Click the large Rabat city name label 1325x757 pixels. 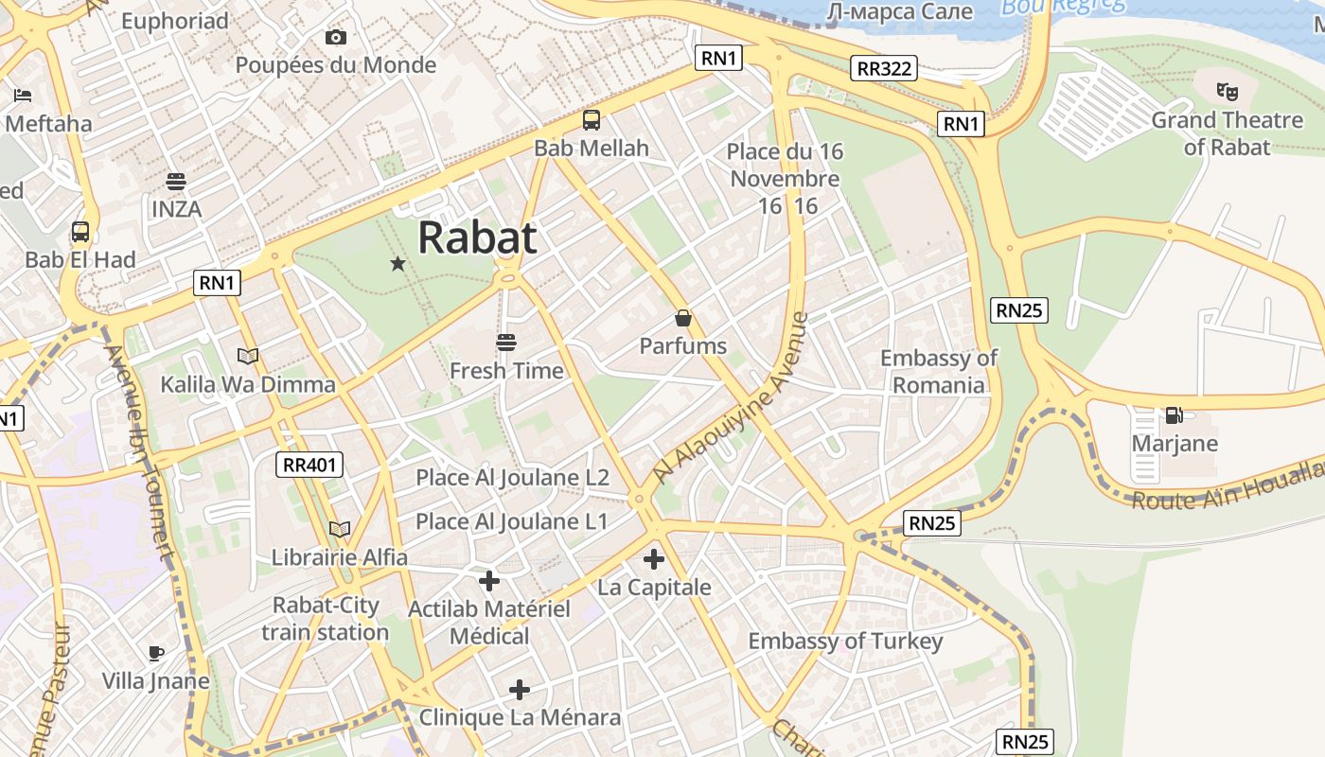pyautogui.click(x=477, y=237)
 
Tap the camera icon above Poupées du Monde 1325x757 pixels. pyautogui.click(x=335, y=38)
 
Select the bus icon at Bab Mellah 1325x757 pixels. pyautogui.click(x=592, y=120)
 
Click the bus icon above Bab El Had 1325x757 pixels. pyautogui.click(x=80, y=232)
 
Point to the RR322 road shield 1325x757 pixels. pyautogui.click(x=883, y=68)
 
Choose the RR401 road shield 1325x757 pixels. pyautogui.click(x=309, y=465)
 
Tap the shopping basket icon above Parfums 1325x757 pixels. pyautogui.click(x=683, y=319)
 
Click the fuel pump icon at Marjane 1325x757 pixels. pyautogui.click(x=1174, y=415)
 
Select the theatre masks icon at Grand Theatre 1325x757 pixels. pyautogui.click(x=1228, y=92)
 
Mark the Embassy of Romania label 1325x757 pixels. pyautogui.click(x=939, y=371)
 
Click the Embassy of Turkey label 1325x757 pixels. pyautogui.click(x=845, y=642)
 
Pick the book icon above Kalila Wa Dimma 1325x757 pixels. pyautogui.click(x=248, y=357)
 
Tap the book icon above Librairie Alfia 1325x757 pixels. pyautogui.click(x=339, y=530)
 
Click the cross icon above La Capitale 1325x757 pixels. pyautogui.click(x=653, y=559)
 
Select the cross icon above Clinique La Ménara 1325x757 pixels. pyautogui.click(x=520, y=690)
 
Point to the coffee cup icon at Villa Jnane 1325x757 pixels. pyautogui.click(x=156, y=653)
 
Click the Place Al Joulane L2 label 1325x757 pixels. pyautogui.click(x=512, y=478)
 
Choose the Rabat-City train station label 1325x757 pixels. pyautogui.click(x=325, y=619)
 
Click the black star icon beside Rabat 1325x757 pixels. pyautogui.click(x=398, y=264)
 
